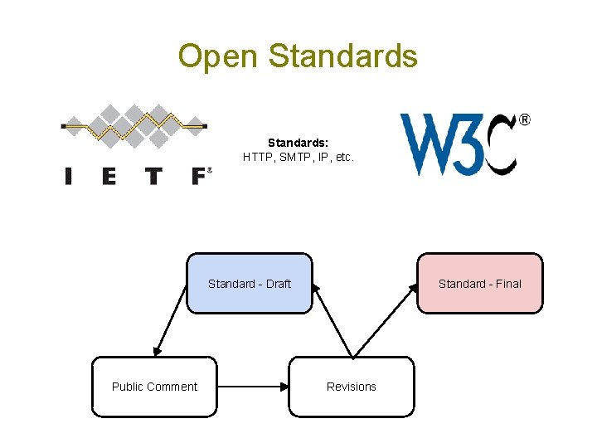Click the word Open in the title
(219, 56)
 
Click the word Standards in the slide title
(343, 56)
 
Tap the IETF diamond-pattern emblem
(134, 126)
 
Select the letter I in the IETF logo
(68, 176)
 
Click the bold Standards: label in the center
(298, 142)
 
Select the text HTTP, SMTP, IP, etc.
(298, 156)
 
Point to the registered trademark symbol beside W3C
(524, 120)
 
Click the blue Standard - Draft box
(250, 284)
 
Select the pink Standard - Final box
(480, 284)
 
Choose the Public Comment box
(154, 387)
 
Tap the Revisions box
(352, 387)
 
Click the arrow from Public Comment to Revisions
(253, 387)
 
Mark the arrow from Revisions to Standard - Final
(386, 320)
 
